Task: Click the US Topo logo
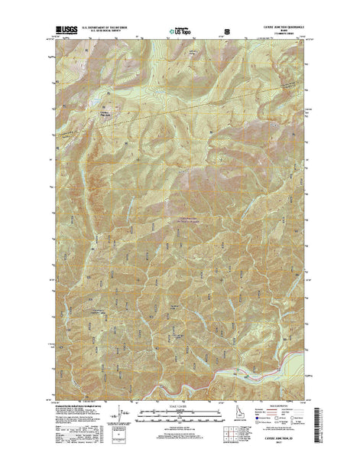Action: pyautogui.click(x=180, y=33)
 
